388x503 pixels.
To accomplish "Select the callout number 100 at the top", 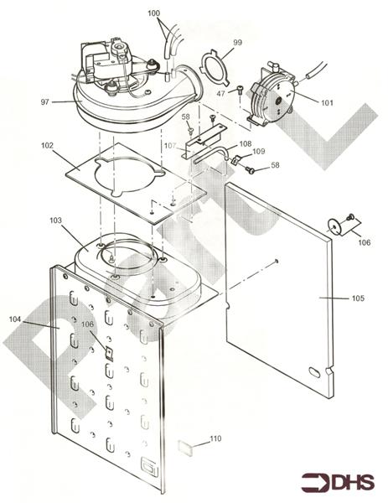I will tap(153, 14).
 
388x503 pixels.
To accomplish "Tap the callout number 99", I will tap(237, 42).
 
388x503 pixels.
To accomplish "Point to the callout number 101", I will tap(326, 102).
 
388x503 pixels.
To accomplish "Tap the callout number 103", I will tap(56, 220).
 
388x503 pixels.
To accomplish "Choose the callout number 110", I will tap(215, 438).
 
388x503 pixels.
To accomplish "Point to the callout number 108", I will tap(245, 144).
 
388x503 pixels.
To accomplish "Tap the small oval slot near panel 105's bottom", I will tap(314, 370).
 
